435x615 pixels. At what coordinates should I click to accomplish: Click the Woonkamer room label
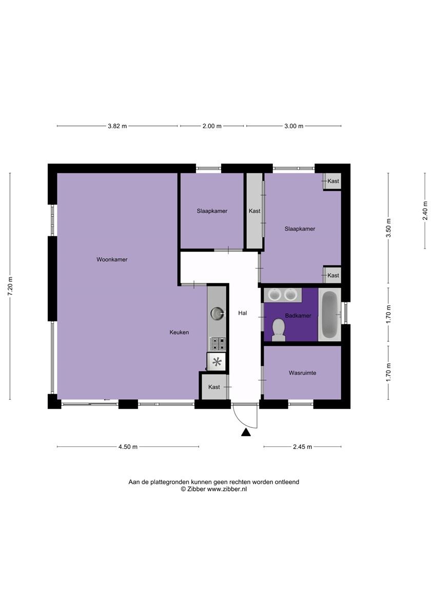[x=112, y=259]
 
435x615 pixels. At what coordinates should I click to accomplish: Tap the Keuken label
[x=179, y=332]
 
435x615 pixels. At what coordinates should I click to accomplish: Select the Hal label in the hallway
[x=243, y=313]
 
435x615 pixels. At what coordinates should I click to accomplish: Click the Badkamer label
[x=298, y=316]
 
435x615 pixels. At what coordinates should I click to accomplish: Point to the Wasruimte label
[x=302, y=373]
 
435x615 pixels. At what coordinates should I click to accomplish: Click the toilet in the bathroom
[x=279, y=330]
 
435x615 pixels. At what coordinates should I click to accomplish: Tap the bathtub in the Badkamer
[x=329, y=315]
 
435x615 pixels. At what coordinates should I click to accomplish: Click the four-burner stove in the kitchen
[x=217, y=344]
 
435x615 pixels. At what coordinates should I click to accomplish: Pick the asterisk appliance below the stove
[x=217, y=362]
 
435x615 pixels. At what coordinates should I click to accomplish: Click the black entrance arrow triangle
[x=246, y=433]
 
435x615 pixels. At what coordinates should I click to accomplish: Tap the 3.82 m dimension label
[x=117, y=126]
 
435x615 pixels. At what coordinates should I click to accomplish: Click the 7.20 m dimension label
[x=10, y=286]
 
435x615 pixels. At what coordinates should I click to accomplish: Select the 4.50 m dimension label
[x=128, y=447]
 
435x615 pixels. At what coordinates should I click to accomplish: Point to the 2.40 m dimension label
[x=425, y=211]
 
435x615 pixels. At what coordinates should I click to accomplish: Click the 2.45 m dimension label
[x=302, y=447]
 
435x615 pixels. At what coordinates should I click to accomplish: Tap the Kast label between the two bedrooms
[x=254, y=211]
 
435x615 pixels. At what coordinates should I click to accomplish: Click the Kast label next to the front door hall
[x=214, y=387]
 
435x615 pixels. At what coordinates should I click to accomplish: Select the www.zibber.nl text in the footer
[x=227, y=489]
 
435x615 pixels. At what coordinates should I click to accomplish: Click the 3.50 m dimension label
[x=388, y=228]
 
